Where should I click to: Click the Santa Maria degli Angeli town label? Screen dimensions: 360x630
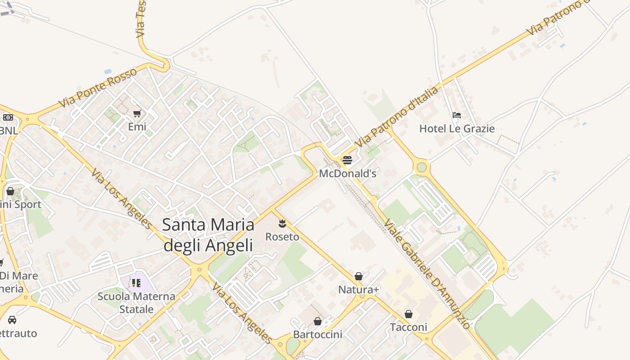[208, 235]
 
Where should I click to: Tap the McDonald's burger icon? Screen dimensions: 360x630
[347, 160]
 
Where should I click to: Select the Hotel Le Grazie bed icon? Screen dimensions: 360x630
[457, 115]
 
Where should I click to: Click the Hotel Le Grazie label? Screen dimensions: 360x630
[457, 129]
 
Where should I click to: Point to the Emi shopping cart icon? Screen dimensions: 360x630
[137, 113]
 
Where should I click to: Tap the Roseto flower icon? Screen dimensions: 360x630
[282, 223]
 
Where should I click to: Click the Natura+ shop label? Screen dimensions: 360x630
[359, 289]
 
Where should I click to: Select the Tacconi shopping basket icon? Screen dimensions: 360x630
[409, 314]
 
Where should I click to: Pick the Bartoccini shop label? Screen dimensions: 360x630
[318, 334]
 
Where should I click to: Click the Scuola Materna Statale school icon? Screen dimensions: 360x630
[136, 283]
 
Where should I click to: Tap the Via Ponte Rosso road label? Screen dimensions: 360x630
[98, 88]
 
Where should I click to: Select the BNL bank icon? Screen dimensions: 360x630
[8, 117]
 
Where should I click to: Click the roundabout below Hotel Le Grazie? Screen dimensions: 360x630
[421, 167]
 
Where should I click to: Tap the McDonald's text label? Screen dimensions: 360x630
[347, 173]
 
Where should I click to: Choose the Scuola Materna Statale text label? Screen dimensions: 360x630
[136, 303]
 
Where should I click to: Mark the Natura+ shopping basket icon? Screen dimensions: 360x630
[359, 276]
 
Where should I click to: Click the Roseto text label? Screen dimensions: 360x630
[282, 237]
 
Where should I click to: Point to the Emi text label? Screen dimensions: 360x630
[137, 127]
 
